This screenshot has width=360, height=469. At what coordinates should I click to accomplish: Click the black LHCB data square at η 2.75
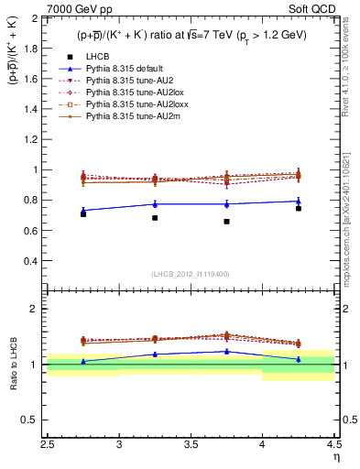coord(83,213)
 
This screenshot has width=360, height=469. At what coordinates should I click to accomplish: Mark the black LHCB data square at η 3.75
coord(226,222)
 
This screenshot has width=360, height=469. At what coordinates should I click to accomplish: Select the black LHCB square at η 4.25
coord(298,208)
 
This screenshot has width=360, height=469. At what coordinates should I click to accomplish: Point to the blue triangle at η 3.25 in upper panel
coord(155,203)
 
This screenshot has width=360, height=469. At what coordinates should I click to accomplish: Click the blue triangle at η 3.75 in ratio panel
coord(226,351)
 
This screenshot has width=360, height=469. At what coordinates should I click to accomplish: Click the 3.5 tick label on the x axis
coord(191,446)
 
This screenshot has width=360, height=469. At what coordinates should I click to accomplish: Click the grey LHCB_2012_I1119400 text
coord(191,274)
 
